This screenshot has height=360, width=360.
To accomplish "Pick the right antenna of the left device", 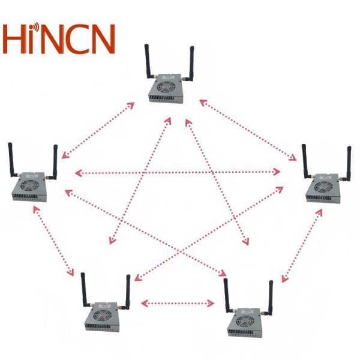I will pos(54,162).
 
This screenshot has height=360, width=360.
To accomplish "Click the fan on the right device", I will pos(319,189).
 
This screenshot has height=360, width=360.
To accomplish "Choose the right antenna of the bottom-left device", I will pos(127,291).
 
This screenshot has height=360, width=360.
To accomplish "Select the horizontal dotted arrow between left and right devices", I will pos(178,173).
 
